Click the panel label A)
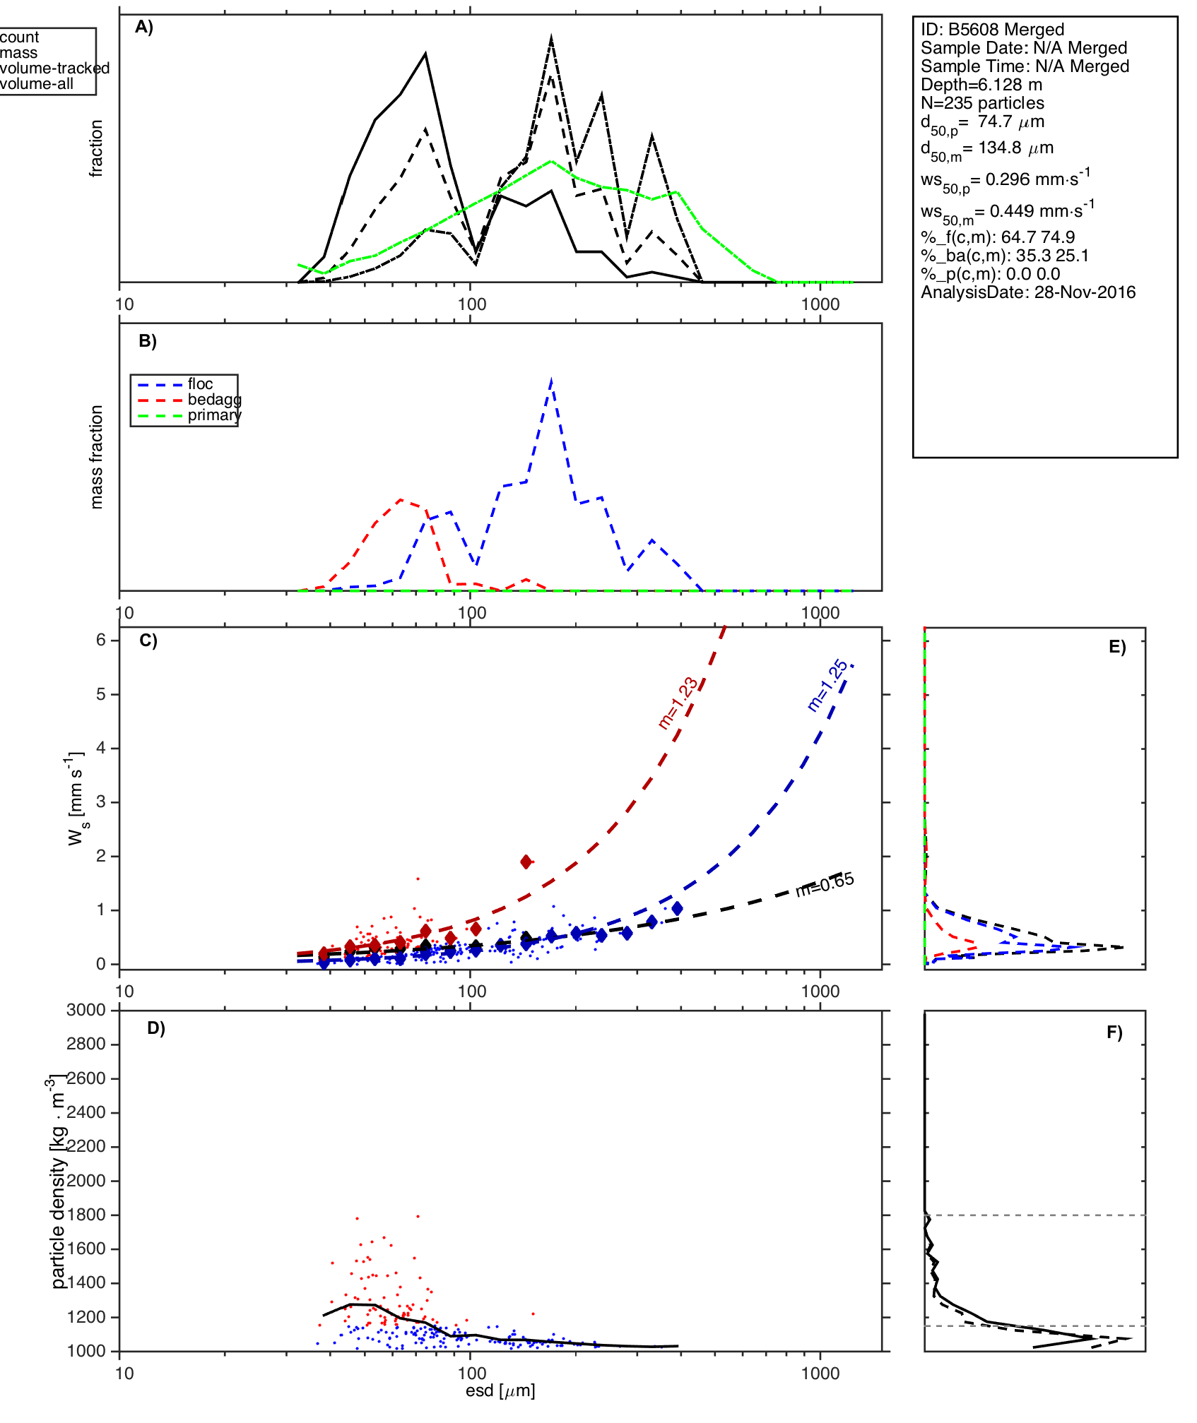click(144, 27)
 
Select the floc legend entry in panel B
click(200, 384)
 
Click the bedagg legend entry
click(214, 400)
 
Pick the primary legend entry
click(214, 415)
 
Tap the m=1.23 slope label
click(678, 703)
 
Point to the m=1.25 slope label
click(827, 685)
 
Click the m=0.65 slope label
click(825, 885)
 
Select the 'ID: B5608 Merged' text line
click(992, 30)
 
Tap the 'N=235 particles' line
click(982, 103)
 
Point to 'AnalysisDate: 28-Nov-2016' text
click(1028, 292)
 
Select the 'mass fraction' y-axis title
click(97, 456)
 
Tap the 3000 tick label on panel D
click(86, 1011)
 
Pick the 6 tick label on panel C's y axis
click(101, 640)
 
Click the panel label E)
click(1117, 647)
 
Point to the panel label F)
click(1114, 1032)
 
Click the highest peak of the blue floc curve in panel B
click(551, 381)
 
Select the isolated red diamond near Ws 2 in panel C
click(526, 862)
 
